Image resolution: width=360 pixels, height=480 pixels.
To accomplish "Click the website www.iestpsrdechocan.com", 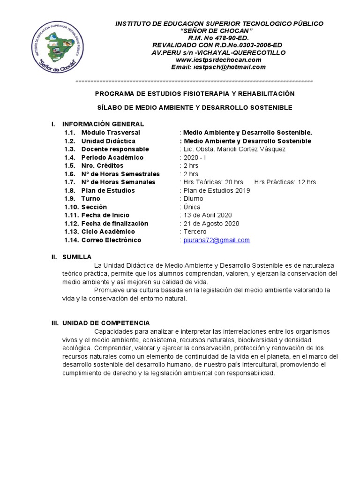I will point(218,60).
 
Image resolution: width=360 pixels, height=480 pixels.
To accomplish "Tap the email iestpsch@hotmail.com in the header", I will point(218,67).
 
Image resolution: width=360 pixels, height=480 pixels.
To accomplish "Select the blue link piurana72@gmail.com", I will point(217,240).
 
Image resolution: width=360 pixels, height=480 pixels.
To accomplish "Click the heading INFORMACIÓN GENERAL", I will point(103,124).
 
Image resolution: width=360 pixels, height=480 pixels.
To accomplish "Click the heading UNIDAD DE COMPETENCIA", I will point(106,323).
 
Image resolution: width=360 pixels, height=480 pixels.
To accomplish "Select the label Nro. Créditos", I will point(102,165).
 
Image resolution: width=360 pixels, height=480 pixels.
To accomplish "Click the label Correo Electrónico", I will point(111,240).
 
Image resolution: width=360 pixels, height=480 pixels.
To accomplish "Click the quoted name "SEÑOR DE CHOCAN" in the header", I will point(219,30).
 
